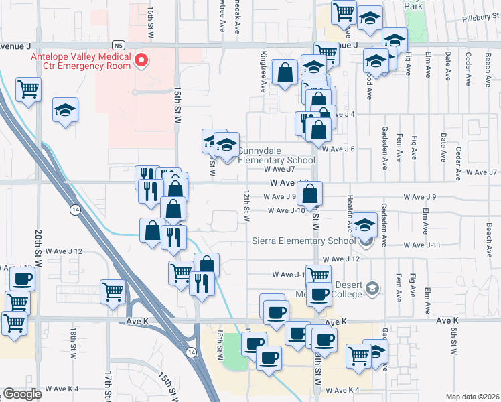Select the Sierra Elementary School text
303,241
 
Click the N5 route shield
119,45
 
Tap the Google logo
22,394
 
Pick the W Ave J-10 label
287,210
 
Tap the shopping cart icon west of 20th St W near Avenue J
28,89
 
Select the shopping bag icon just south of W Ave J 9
309,194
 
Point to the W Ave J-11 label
426,245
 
